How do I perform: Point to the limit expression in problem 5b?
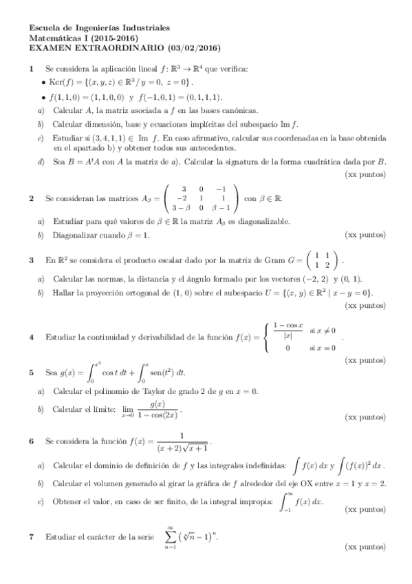149,409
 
